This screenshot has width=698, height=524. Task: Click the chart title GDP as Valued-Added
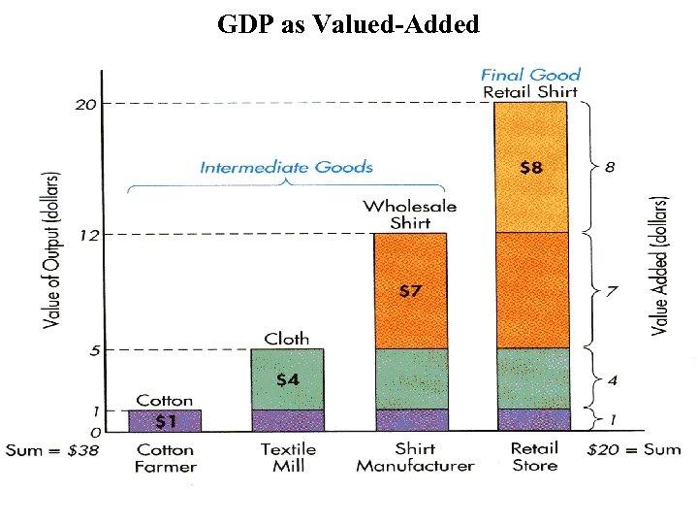(348, 24)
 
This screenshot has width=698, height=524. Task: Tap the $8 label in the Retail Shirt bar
(530, 167)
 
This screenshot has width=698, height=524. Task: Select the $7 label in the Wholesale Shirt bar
(410, 290)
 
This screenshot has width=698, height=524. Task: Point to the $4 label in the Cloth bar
(287, 379)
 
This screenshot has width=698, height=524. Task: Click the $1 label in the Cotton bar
(165, 421)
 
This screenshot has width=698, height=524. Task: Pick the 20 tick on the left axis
(86, 104)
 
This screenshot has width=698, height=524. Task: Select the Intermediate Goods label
(286, 167)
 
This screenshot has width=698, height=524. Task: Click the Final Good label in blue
(530, 75)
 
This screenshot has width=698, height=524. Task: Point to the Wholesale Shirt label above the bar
(409, 214)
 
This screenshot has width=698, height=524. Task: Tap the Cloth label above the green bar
(287, 339)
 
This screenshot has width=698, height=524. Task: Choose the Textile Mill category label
(288, 457)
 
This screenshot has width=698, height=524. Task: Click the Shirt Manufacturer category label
(415, 457)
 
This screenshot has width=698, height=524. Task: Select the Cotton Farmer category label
(165, 457)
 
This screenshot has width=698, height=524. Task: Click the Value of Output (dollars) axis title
(51, 249)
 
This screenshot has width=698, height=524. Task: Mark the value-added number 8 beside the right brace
(609, 167)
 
